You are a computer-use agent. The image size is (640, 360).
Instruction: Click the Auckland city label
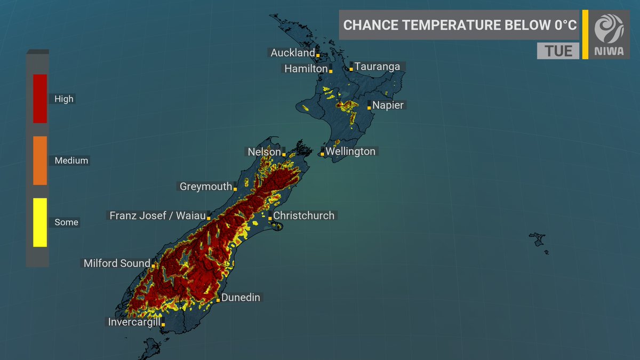(x=293, y=53)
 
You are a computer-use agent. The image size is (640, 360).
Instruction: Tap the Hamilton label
(x=306, y=69)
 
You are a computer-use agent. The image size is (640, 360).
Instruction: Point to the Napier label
(x=388, y=105)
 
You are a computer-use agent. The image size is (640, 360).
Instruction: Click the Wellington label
(x=350, y=151)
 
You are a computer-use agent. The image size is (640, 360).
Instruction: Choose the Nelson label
(x=264, y=152)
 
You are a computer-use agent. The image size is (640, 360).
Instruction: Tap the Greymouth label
(x=206, y=186)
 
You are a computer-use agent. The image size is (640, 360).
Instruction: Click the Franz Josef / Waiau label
(x=157, y=215)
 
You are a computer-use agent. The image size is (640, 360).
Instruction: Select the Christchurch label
(x=303, y=215)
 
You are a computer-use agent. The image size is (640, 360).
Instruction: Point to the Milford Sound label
(x=117, y=263)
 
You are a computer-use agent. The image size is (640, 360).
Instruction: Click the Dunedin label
(x=241, y=298)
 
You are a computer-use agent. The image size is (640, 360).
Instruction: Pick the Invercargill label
(x=134, y=322)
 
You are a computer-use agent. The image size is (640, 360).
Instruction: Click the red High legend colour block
(x=40, y=99)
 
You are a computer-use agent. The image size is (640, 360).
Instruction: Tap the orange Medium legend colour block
(x=40, y=161)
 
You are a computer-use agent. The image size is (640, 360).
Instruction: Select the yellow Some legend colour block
(x=40, y=222)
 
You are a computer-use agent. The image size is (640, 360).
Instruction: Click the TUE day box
(x=558, y=51)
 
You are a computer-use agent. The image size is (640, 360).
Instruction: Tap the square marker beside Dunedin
(x=218, y=300)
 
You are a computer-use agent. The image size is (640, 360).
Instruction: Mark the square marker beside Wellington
(x=322, y=155)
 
